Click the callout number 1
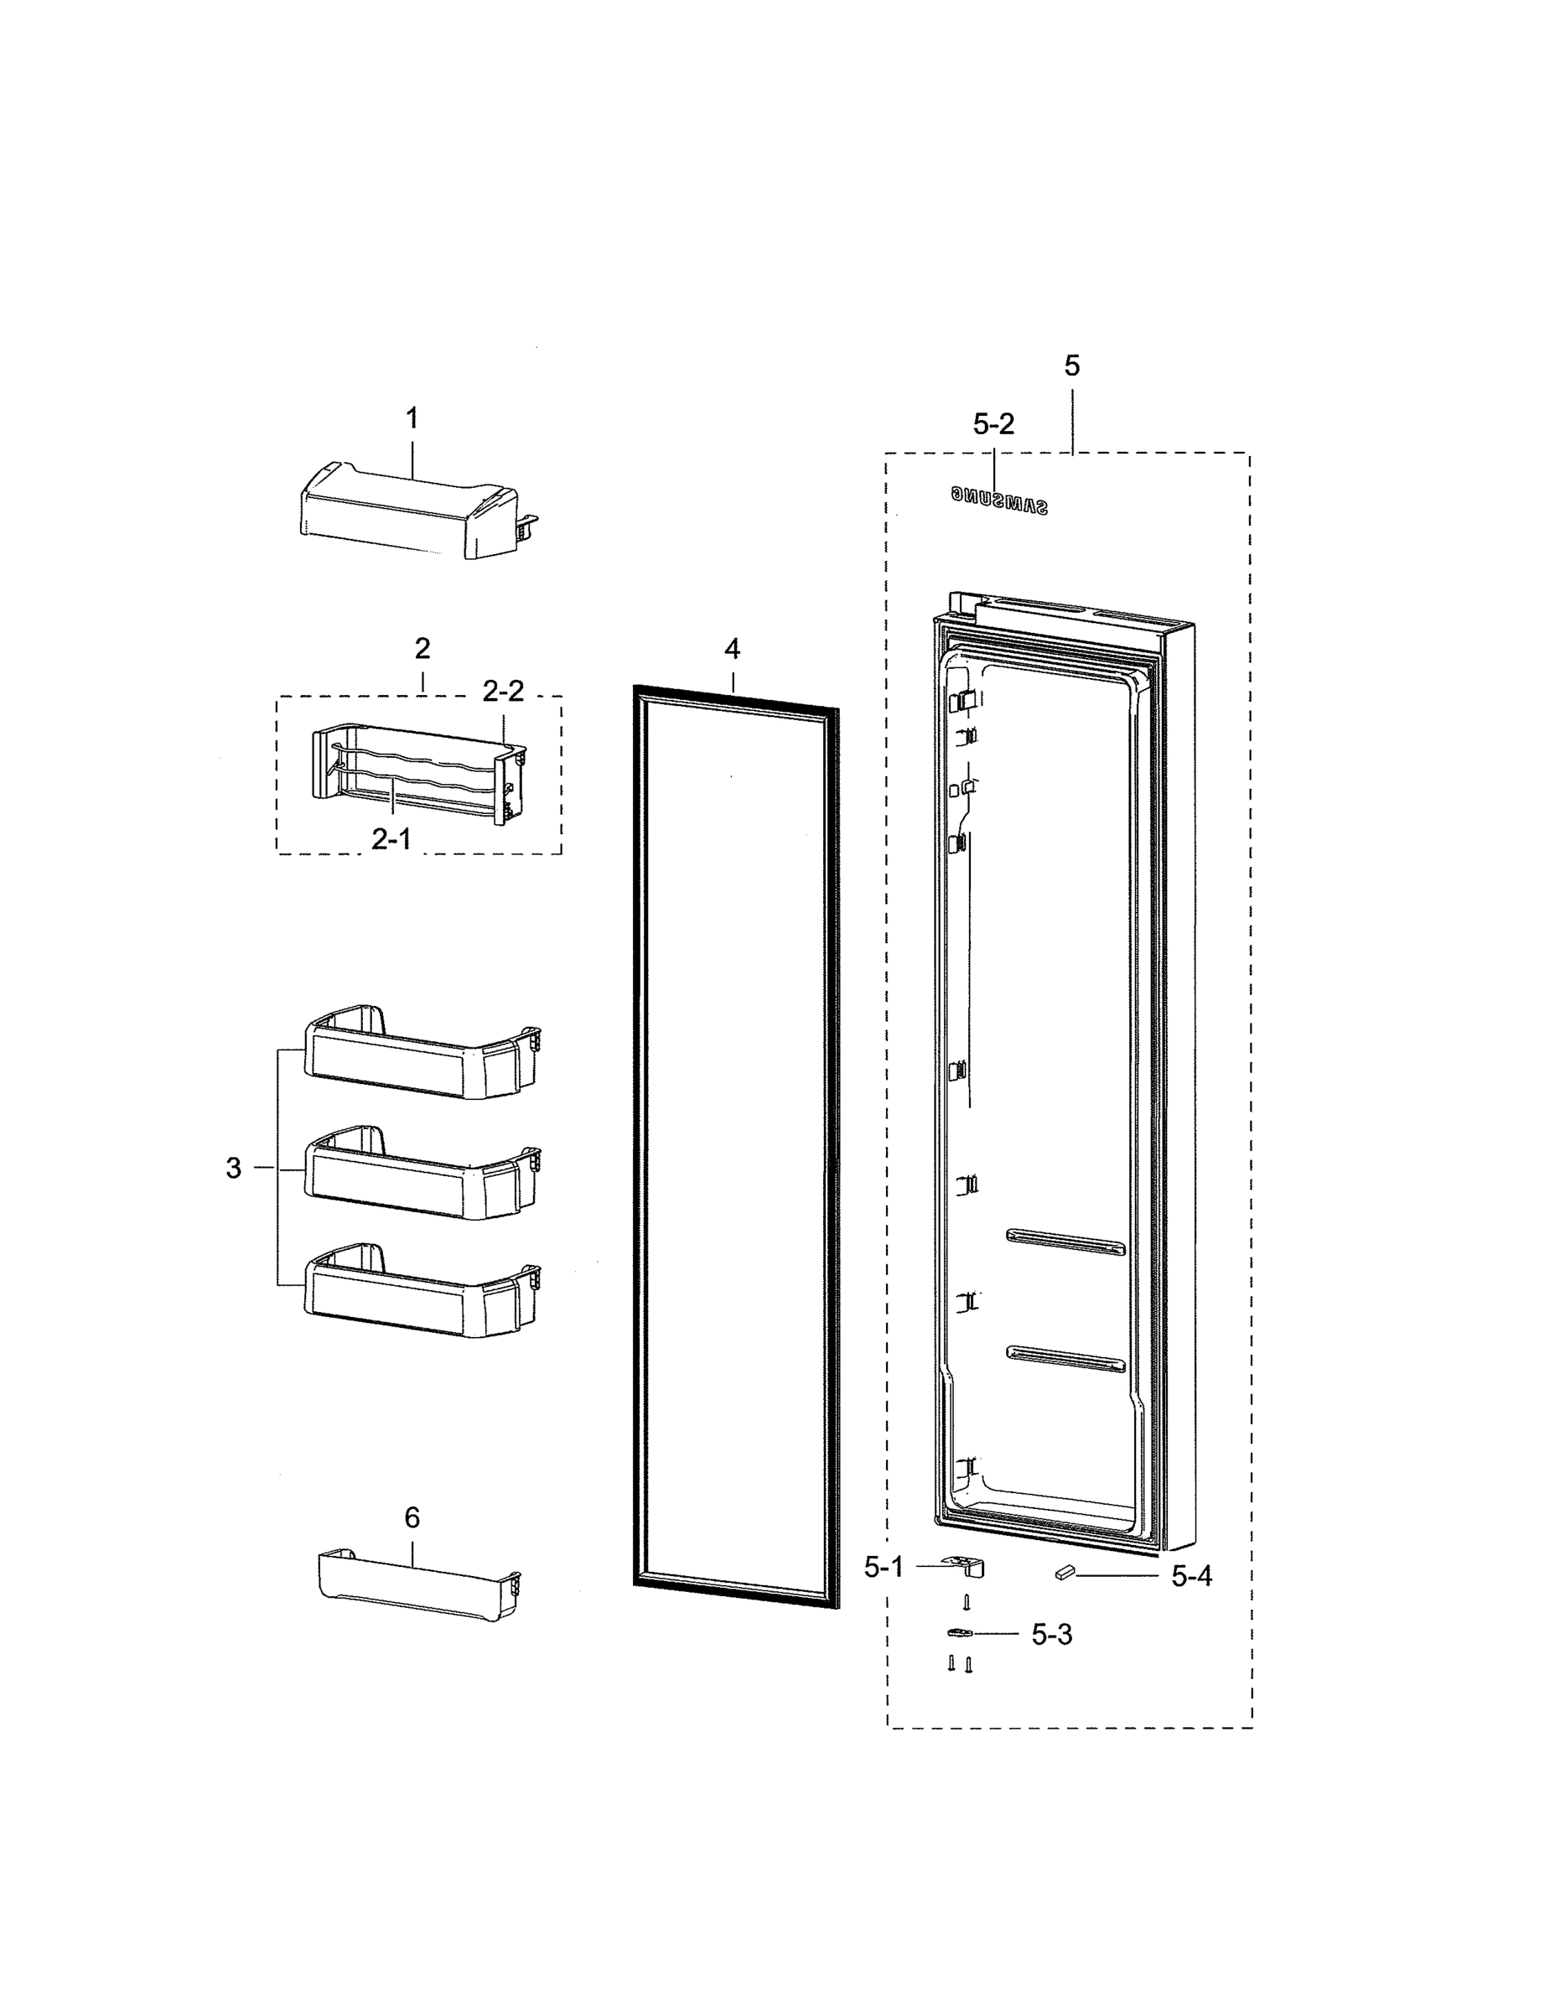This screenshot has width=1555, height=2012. (x=412, y=418)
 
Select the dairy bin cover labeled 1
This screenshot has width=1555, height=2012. (x=406, y=511)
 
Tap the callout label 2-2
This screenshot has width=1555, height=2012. (x=503, y=691)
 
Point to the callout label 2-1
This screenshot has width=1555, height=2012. (x=391, y=838)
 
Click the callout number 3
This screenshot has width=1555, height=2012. (x=233, y=1168)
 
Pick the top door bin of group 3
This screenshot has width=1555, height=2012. (x=419, y=1055)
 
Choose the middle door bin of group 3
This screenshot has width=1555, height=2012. (x=419, y=1175)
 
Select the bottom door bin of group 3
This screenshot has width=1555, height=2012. (x=419, y=1293)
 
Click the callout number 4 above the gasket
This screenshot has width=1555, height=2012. (x=732, y=650)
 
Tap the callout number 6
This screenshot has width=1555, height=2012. (x=412, y=1517)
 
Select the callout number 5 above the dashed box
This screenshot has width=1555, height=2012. (x=1071, y=366)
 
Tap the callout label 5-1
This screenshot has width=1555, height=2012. (x=884, y=1567)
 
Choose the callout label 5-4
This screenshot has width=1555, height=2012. (x=1191, y=1576)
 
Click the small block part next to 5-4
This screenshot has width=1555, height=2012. (x=1065, y=1573)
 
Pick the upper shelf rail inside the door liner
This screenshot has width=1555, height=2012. (x=1065, y=1242)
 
